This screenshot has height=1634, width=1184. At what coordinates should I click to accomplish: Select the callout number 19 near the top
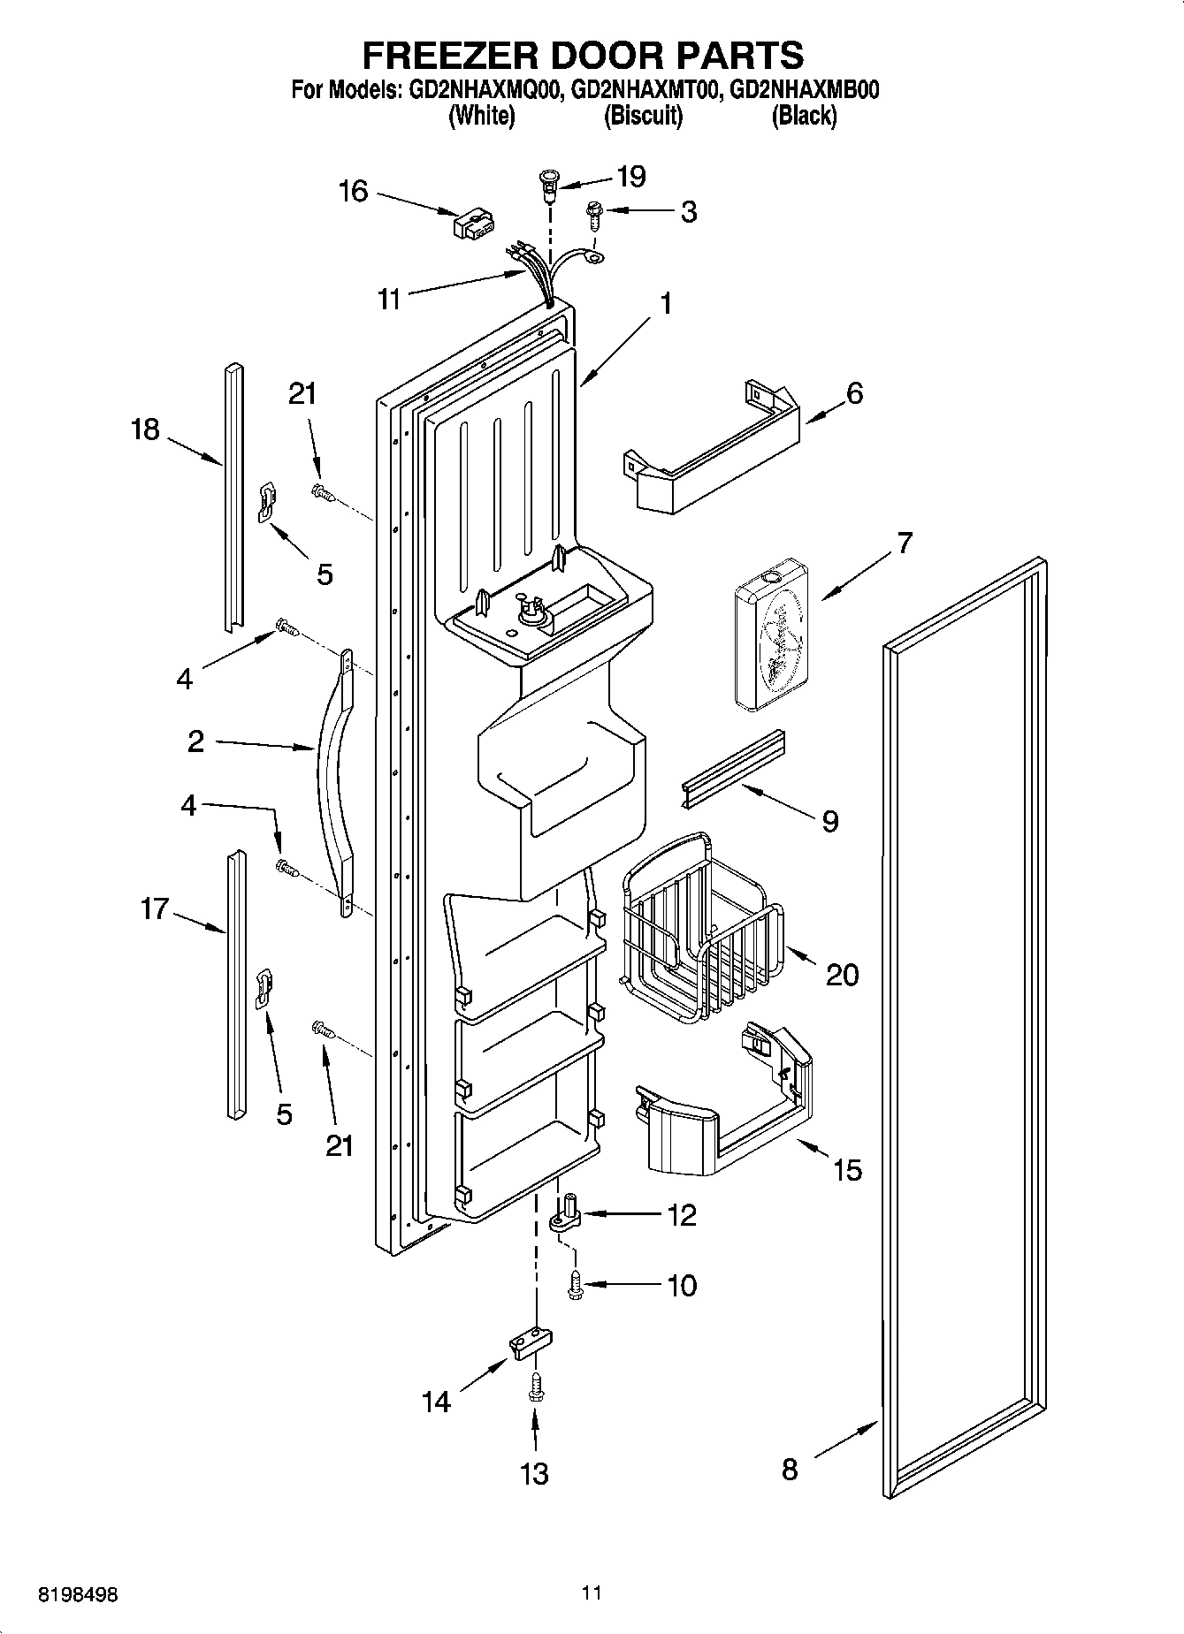[630, 176]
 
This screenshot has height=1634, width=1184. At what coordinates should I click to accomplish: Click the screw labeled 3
[594, 214]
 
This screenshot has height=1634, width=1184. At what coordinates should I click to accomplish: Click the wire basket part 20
[703, 928]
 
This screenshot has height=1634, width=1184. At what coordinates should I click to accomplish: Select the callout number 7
[903, 543]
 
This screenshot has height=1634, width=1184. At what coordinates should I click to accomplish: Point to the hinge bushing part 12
[566, 1212]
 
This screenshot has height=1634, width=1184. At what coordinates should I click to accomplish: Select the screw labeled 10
[575, 1284]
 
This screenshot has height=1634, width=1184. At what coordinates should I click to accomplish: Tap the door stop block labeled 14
[526, 1345]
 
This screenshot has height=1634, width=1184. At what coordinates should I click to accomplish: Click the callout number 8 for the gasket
[789, 1469]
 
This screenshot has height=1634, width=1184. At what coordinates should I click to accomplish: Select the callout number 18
[145, 429]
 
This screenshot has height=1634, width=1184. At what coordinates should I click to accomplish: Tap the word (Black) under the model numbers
[803, 115]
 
